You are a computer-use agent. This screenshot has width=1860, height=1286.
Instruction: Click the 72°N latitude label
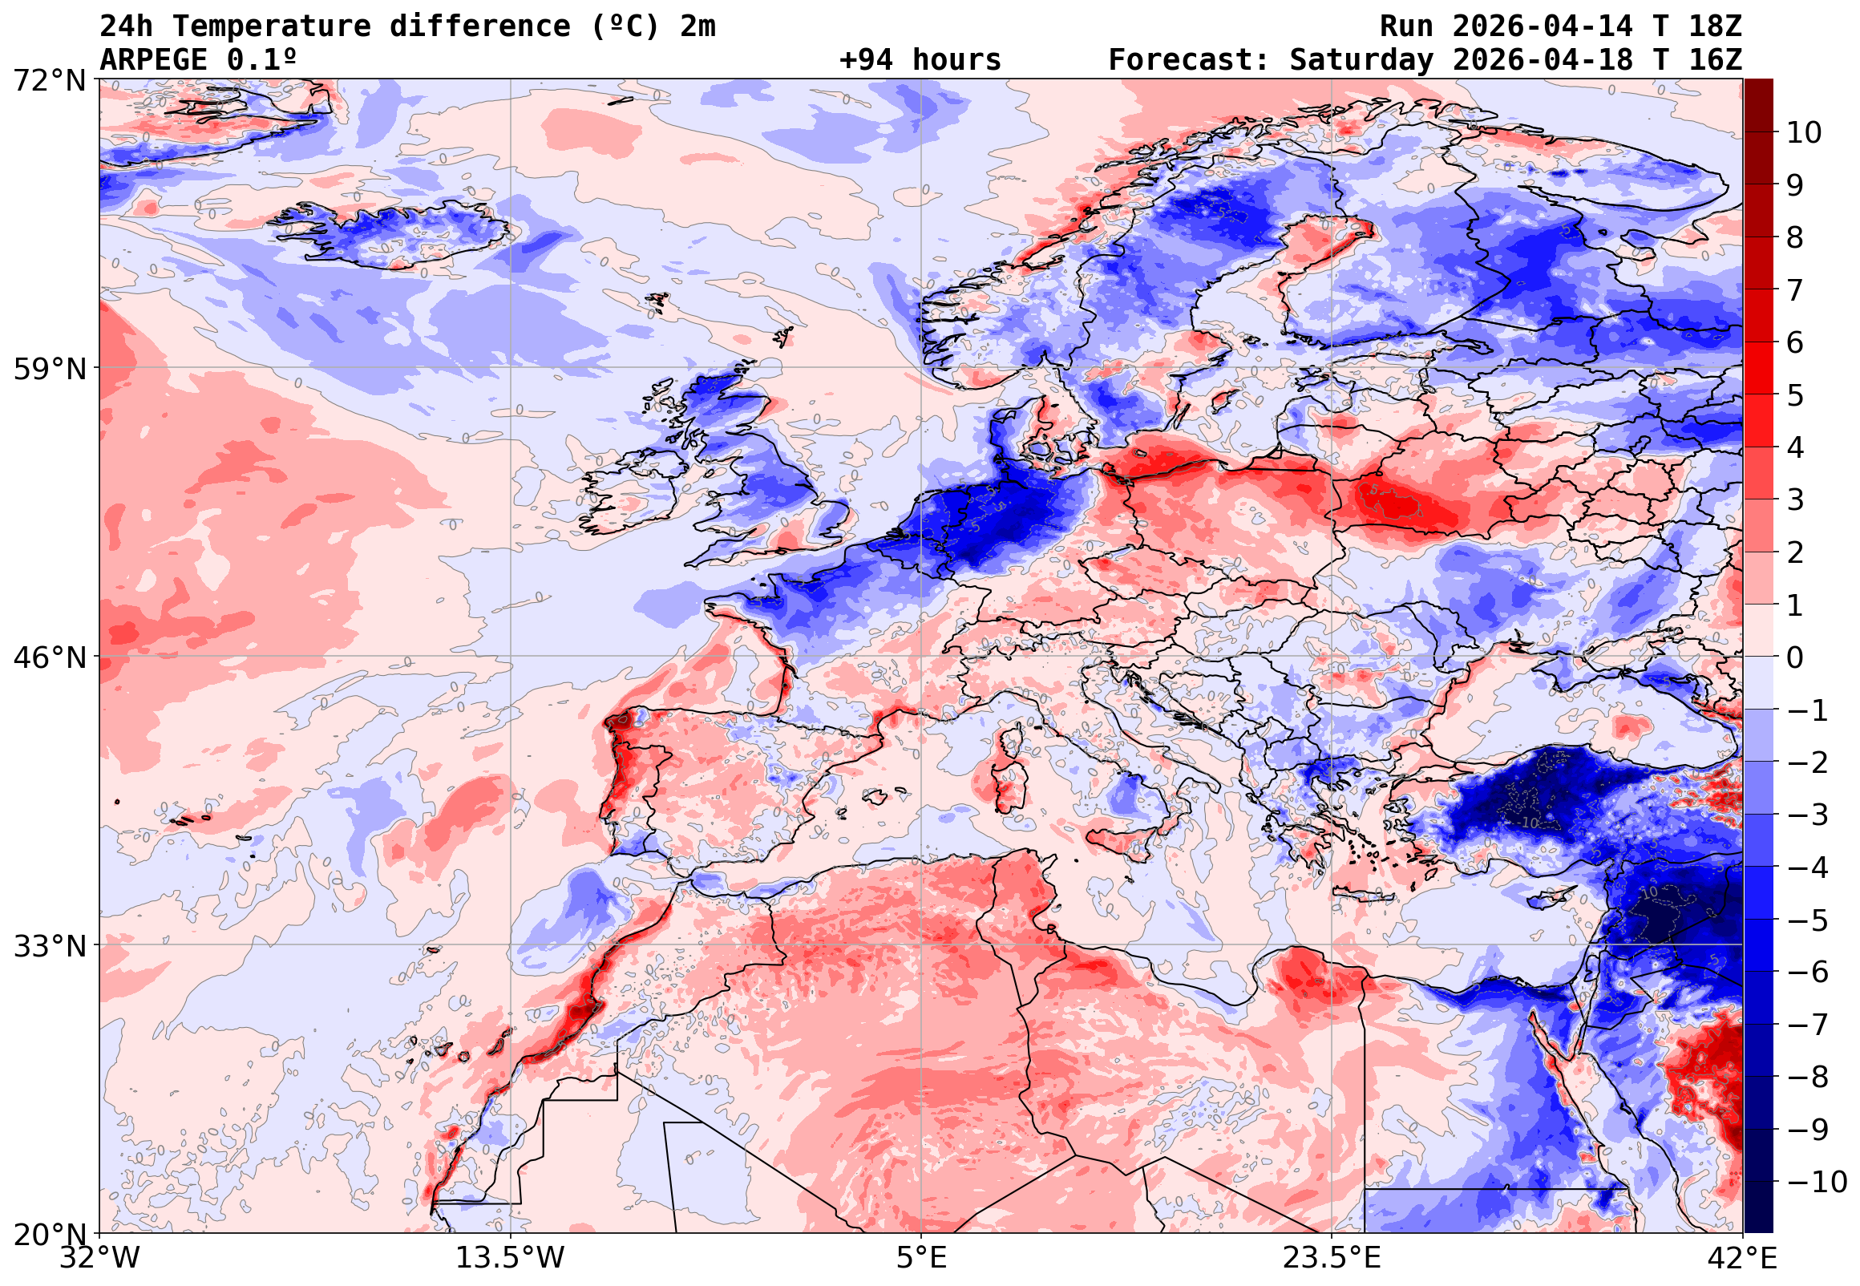pyautogui.click(x=49, y=81)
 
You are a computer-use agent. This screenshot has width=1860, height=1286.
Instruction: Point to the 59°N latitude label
pyautogui.click(x=49, y=370)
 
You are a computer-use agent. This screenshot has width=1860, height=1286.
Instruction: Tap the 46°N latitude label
pyautogui.click(x=49, y=658)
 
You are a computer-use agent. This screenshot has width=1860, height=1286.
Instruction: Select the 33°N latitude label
pyautogui.click(x=49, y=946)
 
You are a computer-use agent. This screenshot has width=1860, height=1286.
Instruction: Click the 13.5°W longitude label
pyautogui.click(x=511, y=1258)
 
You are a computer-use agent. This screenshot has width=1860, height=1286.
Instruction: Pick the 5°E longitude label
pyautogui.click(x=921, y=1258)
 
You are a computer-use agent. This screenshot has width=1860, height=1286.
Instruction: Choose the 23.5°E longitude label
pyautogui.click(x=1332, y=1258)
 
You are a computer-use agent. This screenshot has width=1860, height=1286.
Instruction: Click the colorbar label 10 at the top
pyautogui.click(x=1804, y=133)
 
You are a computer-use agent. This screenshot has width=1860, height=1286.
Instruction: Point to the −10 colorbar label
pyautogui.click(x=1817, y=1182)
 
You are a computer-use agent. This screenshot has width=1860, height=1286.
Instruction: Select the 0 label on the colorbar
pyautogui.click(x=1795, y=657)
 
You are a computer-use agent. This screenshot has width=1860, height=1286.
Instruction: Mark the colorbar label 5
pyautogui.click(x=1795, y=395)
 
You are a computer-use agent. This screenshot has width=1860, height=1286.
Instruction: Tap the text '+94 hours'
pyautogui.click(x=920, y=59)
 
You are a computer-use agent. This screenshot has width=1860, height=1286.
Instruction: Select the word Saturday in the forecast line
pyautogui.click(x=1361, y=59)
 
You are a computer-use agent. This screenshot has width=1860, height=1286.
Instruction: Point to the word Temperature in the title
pyautogui.click(x=273, y=26)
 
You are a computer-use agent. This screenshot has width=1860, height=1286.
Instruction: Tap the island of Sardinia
pyautogui.click(x=1007, y=780)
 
